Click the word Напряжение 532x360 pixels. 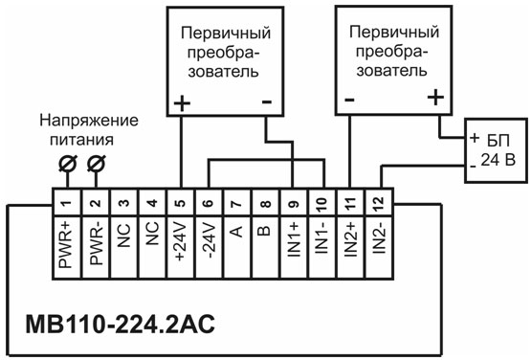coord(89,122)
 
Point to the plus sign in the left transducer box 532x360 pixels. coord(182,100)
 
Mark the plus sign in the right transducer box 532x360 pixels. coord(437,97)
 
